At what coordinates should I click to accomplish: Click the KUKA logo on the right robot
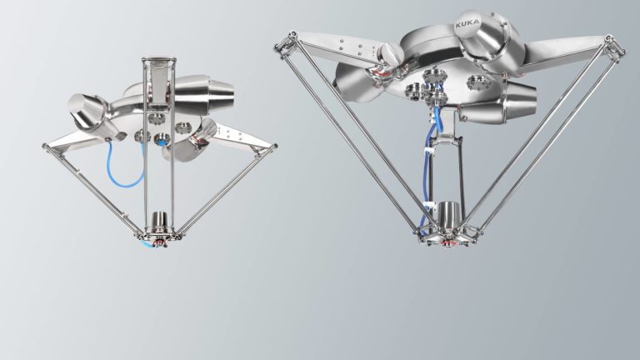[469, 27]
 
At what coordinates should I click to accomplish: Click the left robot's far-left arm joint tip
[47, 148]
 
